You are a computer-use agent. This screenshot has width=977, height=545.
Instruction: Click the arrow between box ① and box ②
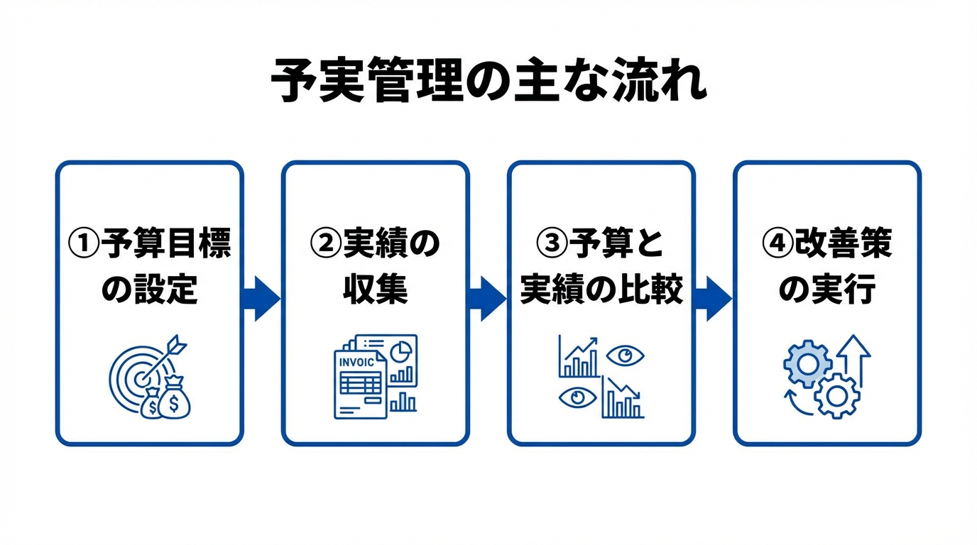pyautogui.click(x=261, y=298)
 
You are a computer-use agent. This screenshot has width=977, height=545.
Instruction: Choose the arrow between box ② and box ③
pyautogui.click(x=487, y=298)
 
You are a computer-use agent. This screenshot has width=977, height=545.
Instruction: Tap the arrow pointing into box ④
pyautogui.click(x=713, y=298)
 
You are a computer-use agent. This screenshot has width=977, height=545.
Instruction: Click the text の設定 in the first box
pyautogui.click(x=149, y=290)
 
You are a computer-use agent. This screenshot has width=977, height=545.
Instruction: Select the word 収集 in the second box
pyautogui.click(x=376, y=290)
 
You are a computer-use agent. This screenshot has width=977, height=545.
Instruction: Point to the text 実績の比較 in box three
pyautogui.click(x=601, y=290)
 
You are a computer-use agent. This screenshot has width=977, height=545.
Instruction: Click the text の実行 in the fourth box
pyautogui.click(x=827, y=290)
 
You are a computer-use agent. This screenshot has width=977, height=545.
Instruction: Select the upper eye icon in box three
pyautogui.click(x=625, y=355)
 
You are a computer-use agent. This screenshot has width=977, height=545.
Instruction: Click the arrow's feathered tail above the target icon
pyautogui.click(x=178, y=345)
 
